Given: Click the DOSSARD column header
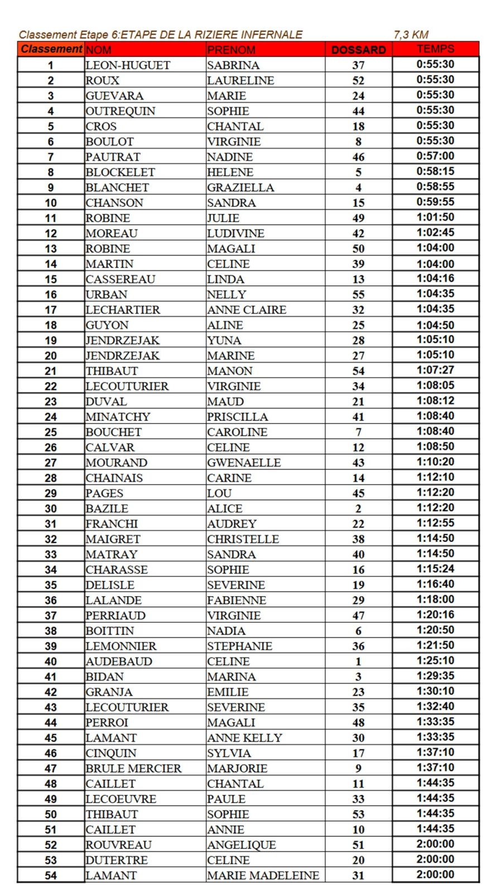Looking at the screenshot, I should [358, 50].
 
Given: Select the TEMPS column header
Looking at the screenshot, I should [435, 49].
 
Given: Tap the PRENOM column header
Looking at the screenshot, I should [231, 50].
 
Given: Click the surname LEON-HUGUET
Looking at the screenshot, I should [128, 65].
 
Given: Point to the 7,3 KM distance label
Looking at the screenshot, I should [411, 35].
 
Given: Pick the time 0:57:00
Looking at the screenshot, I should [435, 156].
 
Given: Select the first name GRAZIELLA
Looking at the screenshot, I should [240, 188].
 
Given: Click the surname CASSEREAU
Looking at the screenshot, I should [121, 279].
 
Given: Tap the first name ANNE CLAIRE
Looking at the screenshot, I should [247, 310].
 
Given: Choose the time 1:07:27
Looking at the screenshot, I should [435, 370].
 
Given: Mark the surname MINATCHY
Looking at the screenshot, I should [118, 417].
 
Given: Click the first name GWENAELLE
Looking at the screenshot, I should [244, 463].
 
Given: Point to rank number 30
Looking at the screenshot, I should [51, 508].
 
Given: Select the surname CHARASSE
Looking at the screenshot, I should [117, 570].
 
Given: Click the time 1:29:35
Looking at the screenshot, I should [435, 676].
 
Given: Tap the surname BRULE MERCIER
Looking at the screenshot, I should [133, 769].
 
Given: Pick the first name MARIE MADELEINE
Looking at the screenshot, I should [263, 876].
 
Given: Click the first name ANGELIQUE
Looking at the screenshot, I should [241, 845].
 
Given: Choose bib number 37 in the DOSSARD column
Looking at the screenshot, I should [358, 65].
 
